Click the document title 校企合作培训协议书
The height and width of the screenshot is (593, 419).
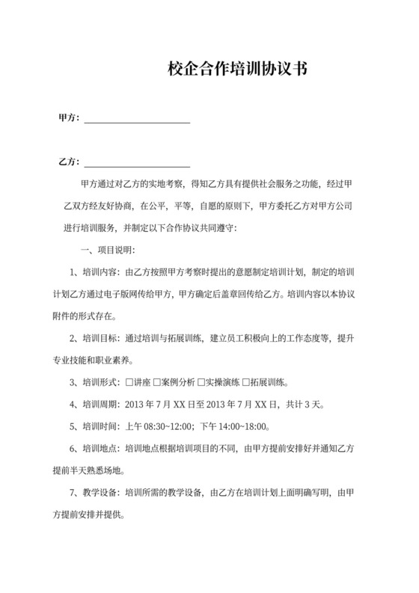click(236, 70)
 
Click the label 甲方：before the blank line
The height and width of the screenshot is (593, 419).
click(70, 118)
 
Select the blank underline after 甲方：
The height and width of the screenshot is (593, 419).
click(137, 120)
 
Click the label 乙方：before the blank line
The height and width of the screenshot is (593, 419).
click(70, 162)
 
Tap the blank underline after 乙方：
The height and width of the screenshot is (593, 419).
click(137, 164)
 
